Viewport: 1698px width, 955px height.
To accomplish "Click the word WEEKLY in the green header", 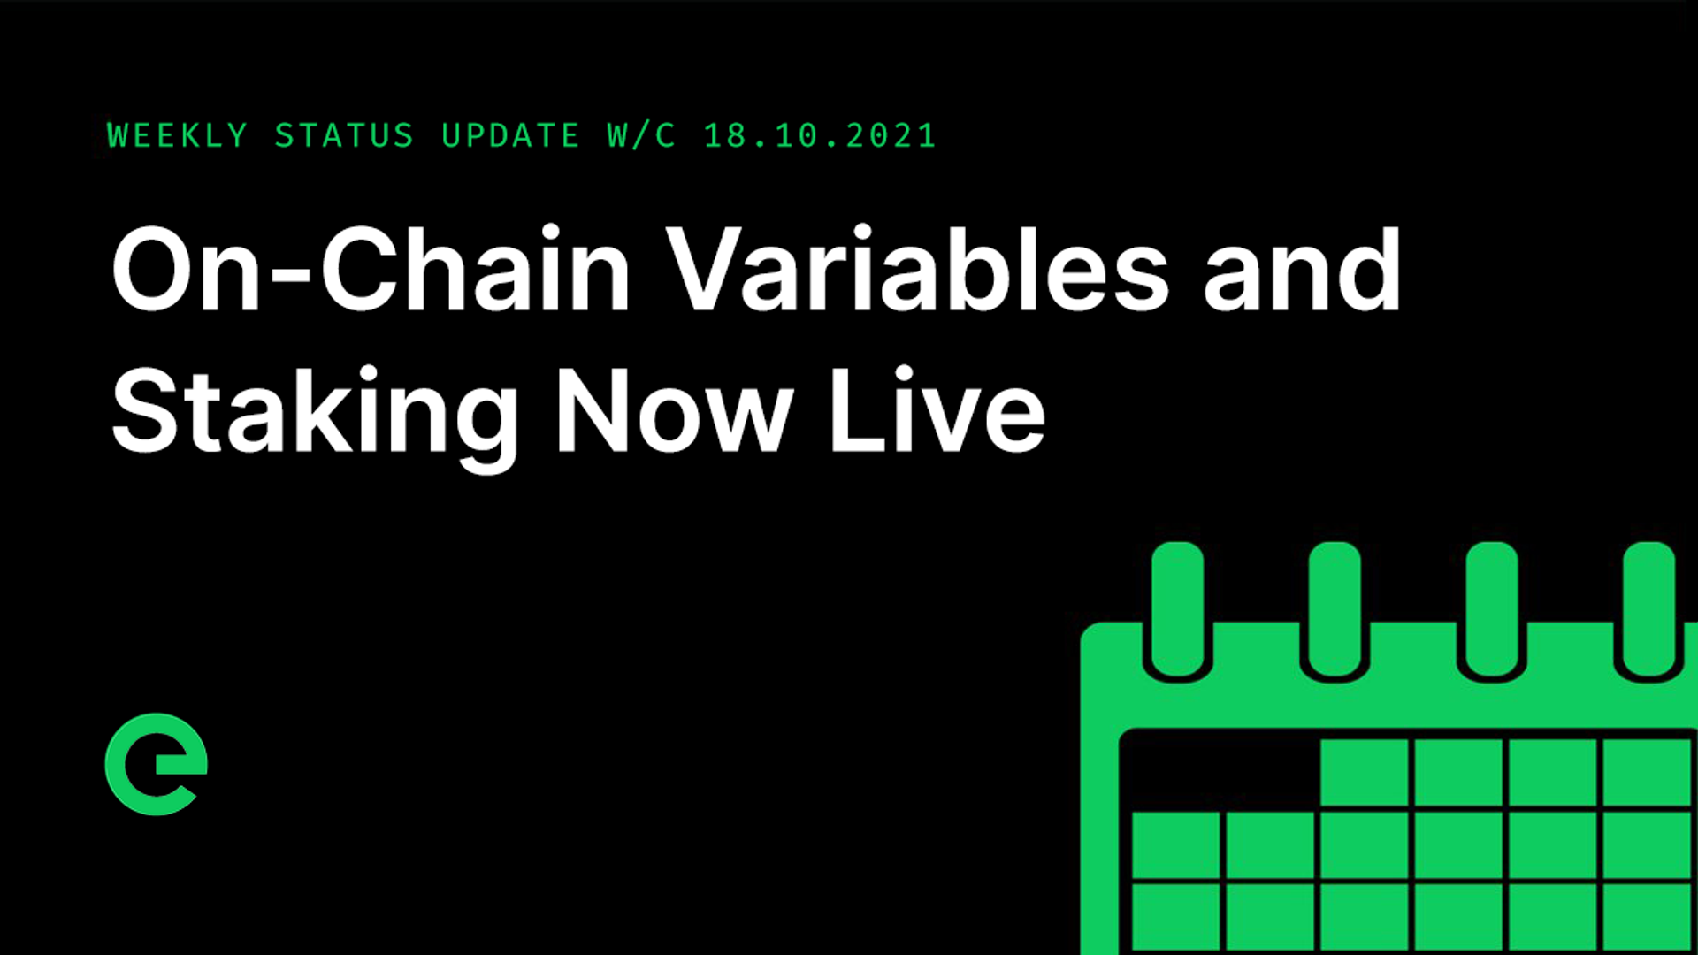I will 177,136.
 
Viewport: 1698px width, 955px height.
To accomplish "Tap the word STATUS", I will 344,136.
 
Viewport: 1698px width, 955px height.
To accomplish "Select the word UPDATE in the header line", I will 510,136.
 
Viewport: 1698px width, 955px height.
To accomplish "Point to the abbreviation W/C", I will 642,136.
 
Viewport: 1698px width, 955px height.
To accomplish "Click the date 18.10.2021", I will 820,136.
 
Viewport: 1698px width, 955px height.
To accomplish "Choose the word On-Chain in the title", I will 371,269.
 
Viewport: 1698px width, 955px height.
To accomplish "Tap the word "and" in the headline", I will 1302,271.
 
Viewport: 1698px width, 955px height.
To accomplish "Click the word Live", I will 937,410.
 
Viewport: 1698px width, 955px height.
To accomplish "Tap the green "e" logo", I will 156,764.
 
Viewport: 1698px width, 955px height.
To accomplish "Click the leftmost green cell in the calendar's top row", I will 1364,772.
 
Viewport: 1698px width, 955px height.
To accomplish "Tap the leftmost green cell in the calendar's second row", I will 1175,844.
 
